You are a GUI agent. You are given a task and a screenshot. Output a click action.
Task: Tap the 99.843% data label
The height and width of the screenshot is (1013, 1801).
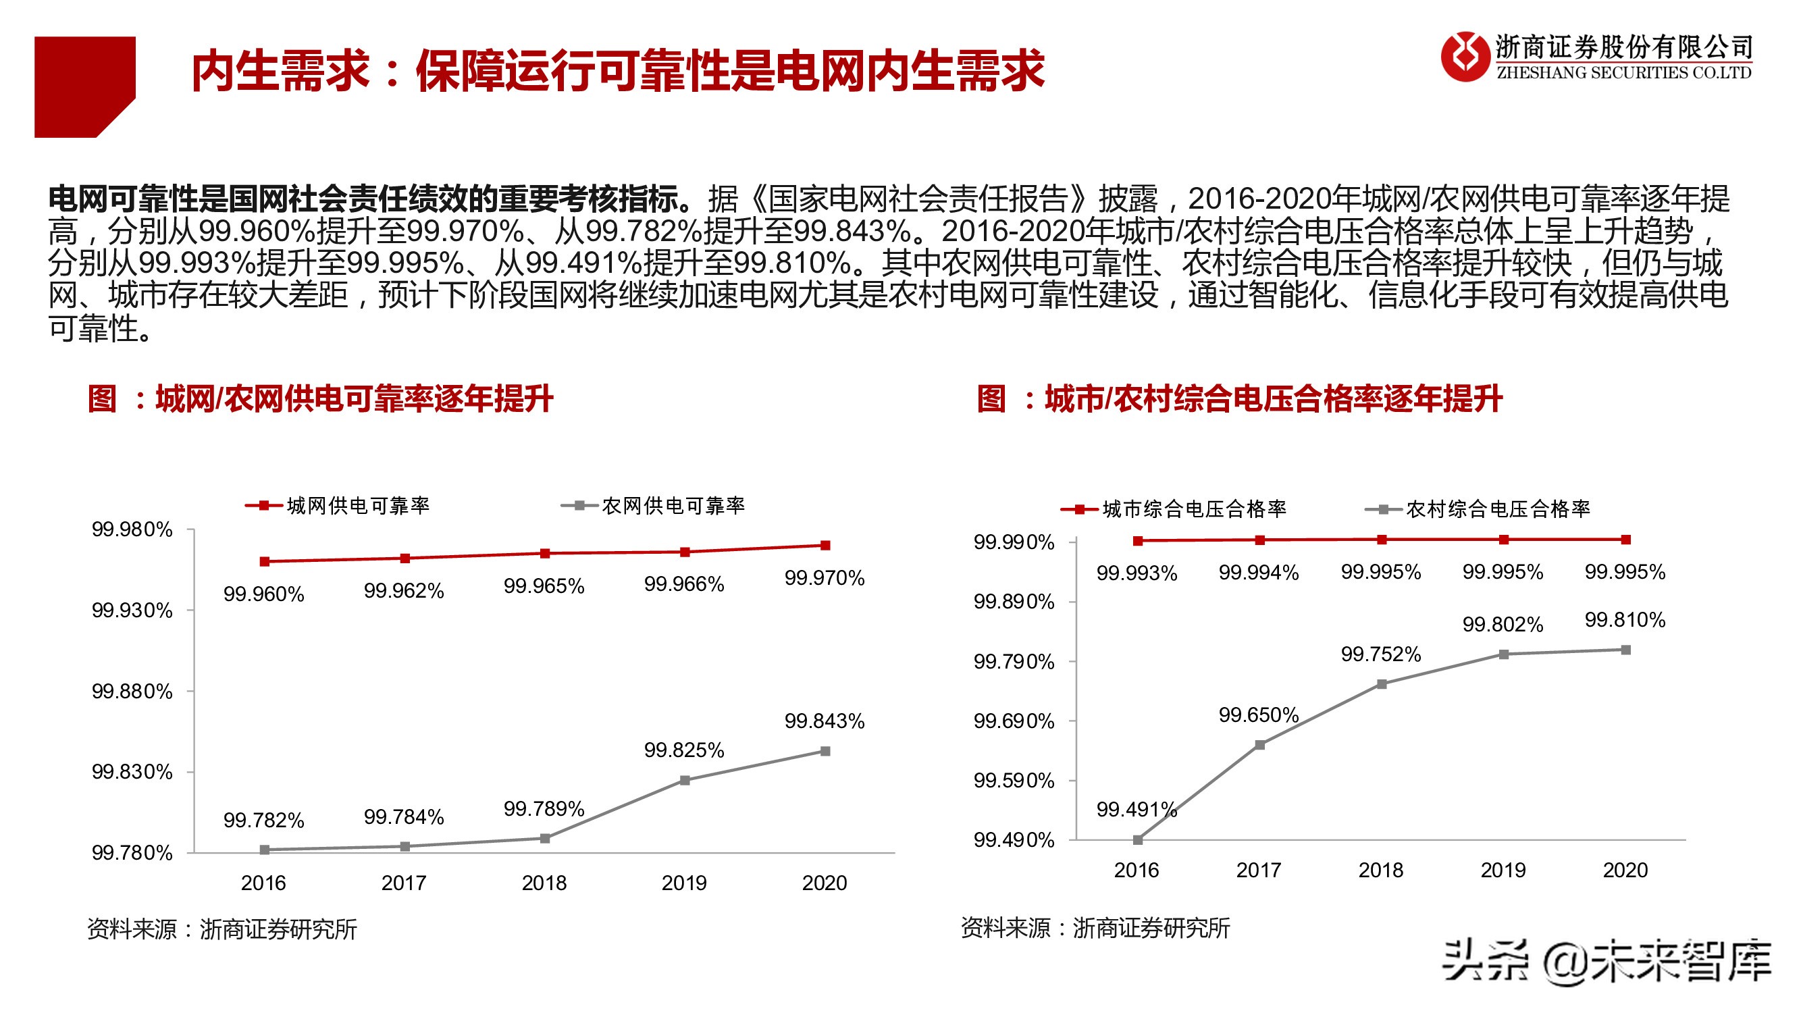tap(825, 721)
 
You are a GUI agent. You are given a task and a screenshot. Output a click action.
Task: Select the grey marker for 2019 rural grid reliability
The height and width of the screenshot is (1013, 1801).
tap(685, 780)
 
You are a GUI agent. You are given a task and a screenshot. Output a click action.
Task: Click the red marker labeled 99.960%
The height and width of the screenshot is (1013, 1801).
tap(264, 561)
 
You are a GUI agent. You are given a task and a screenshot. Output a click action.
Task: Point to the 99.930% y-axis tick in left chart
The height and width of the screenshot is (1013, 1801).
tap(132, 611)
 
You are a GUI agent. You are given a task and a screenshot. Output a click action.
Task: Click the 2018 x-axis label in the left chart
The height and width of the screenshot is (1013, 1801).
tap(544, 883)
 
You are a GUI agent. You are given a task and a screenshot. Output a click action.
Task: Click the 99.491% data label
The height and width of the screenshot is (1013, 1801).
tap(1136, 810)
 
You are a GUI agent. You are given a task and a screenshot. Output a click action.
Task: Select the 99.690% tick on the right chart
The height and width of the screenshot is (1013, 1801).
tap(1014, 721)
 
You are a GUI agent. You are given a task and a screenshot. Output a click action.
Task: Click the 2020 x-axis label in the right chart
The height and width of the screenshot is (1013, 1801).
tap(1625, 871)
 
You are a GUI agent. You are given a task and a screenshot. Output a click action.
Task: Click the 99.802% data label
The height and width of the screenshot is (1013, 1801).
tap(1503, 624)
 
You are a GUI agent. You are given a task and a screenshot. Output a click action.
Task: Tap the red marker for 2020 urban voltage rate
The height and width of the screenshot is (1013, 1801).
tap(1626, 540)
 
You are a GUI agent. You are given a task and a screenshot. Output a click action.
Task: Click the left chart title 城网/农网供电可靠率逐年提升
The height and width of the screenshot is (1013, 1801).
tap(320, 399)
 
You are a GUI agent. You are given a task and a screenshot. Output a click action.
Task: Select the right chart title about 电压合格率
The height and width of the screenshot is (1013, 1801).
tap(1239, 399)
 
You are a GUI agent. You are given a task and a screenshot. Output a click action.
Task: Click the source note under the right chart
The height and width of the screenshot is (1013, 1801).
tap(1095, 929)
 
